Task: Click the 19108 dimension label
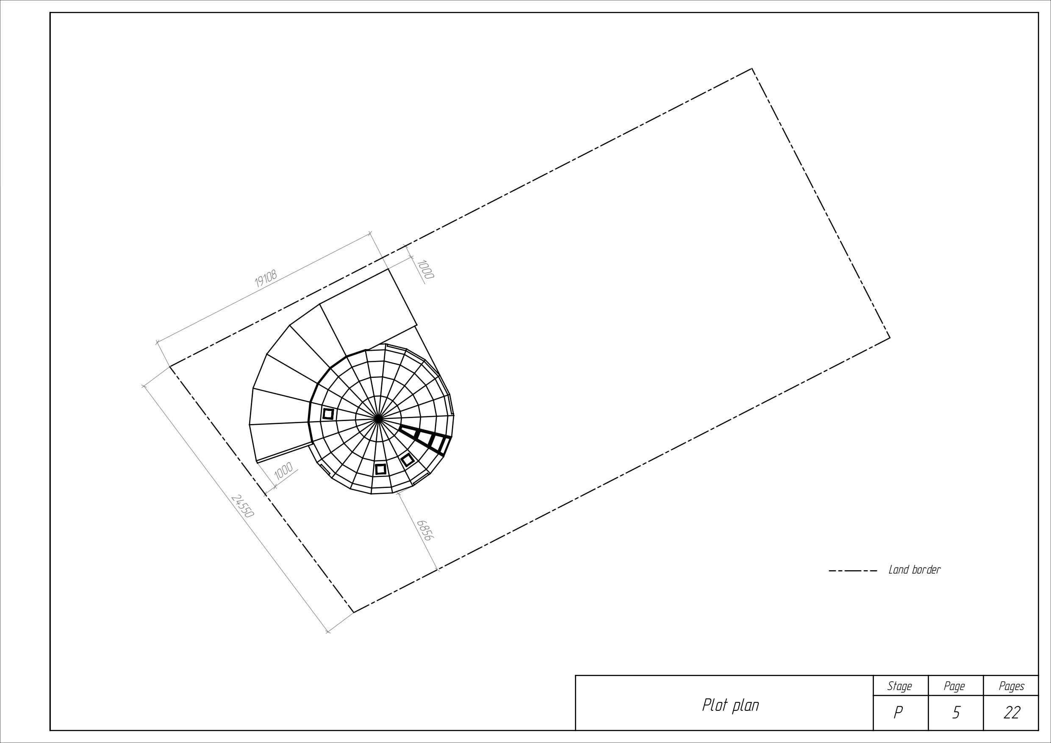(266, 278)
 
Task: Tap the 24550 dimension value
(242, 506)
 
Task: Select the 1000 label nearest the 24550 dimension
(283, 471)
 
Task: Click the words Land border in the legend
(914, 570)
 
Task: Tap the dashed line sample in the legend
(853, 571)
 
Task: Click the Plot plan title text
(731, 705)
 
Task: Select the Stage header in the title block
(899, 686)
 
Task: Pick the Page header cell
(954, 686)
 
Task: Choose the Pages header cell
(1012, 686)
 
